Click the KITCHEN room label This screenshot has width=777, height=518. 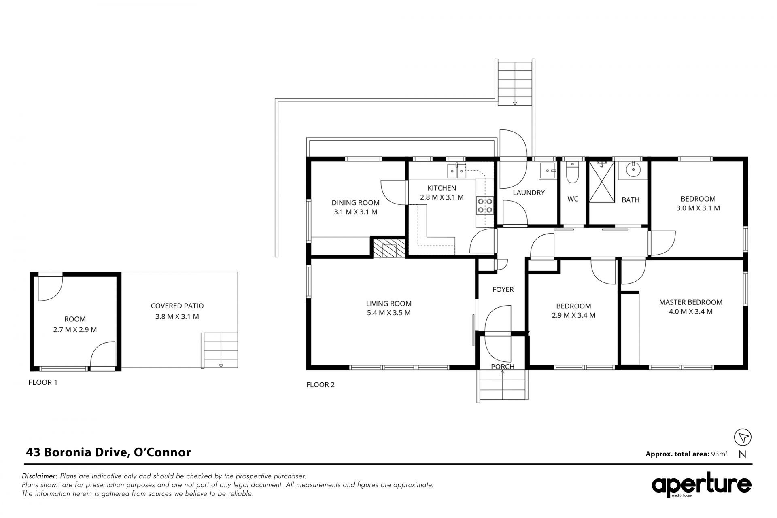pos(442,188)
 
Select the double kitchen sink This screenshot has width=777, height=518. pos(456,171)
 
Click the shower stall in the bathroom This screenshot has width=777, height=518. pos(602,181)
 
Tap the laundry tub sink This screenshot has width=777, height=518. pos(547,172)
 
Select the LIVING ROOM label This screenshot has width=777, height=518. pos(389,303)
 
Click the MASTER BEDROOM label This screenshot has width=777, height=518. pos(691,302)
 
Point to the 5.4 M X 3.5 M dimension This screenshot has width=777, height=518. pos(389,313)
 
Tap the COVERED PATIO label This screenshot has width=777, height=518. pos(177,306)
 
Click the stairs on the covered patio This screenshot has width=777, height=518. pos(220,350)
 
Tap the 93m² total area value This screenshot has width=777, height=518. pos(719,454)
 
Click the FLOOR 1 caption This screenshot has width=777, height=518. pos(43,382)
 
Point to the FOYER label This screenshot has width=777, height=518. pos(503,289)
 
